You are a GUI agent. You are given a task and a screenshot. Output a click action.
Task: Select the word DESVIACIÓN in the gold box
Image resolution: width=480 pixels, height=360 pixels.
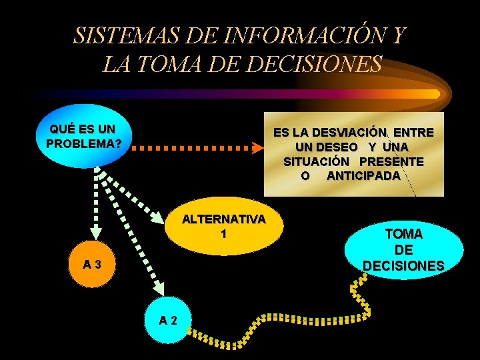pos(341,133)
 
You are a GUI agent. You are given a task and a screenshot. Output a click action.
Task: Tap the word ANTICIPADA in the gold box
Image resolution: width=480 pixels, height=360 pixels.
pos(363,177)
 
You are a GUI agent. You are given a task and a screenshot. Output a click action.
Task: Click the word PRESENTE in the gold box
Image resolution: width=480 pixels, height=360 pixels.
pos(391,162)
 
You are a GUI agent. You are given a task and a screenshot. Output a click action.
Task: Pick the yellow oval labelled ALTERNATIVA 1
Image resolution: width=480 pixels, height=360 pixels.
pos(224,227)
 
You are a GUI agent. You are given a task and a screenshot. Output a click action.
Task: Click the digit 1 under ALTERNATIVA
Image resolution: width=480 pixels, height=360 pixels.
pos(224,235)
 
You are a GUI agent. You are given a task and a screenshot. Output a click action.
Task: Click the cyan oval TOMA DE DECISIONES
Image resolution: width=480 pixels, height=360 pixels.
pos(404,250)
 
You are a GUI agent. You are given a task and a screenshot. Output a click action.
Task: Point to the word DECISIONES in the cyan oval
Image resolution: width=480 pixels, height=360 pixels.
pos(403,265)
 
